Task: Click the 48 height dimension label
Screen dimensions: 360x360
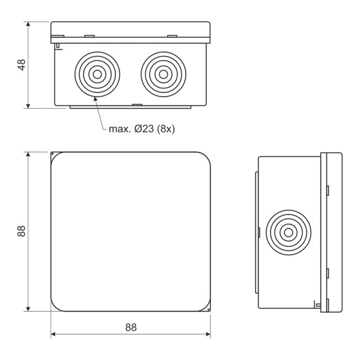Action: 22,65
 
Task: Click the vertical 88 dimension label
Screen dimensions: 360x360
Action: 22,231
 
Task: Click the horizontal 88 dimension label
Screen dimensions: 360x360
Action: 131,328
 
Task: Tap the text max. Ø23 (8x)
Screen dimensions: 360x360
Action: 141,129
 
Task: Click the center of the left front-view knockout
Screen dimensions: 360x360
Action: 97,75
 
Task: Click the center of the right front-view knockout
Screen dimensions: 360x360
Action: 163,75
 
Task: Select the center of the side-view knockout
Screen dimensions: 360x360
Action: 289,232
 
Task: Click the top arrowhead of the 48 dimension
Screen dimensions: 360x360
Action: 28,24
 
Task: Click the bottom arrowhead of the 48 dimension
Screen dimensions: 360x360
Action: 28,105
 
